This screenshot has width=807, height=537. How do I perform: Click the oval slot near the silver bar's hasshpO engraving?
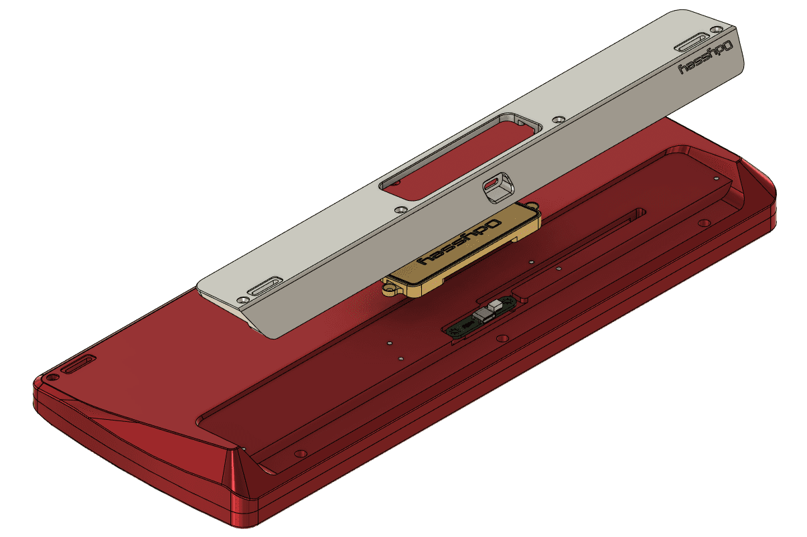point(696,44)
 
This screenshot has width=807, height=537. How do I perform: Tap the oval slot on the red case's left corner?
point(78,366)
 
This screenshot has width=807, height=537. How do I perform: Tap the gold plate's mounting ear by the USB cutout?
point(534,206)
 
